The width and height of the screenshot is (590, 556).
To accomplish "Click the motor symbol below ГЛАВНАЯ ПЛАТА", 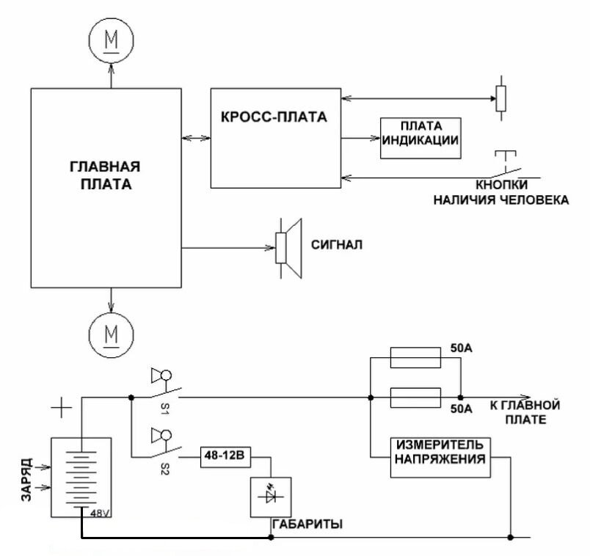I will (x=112, y=334).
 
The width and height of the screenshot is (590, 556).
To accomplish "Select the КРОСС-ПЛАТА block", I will (x=275, y=138).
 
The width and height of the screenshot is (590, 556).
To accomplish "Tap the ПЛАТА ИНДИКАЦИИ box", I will (x=420, y=138).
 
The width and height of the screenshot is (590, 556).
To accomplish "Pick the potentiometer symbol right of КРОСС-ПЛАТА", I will (x=500, y=96).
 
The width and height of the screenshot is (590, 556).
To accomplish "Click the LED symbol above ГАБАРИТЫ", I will (x=271, y=497).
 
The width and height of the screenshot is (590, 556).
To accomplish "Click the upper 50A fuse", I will (x=415, y=358).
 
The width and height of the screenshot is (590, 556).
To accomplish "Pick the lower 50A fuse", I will (x=415, y=398).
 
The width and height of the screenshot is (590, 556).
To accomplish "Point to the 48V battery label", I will (x=99, y=513).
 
